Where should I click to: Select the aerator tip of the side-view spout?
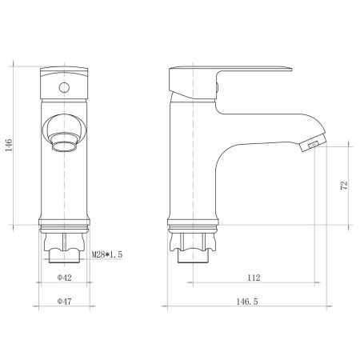[308, 145]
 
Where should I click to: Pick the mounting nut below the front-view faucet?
[64, 250]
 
